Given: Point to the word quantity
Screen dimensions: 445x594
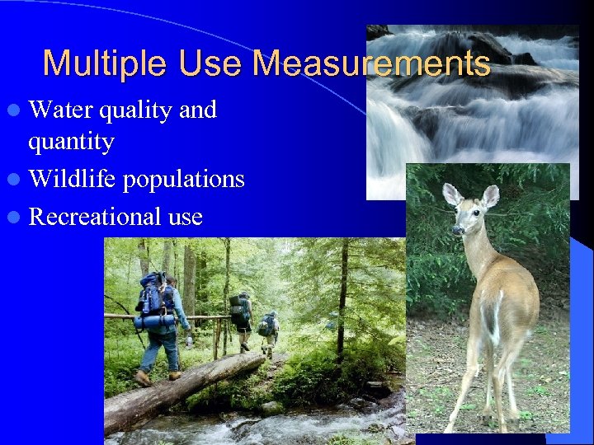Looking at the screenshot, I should [x=71, y=142].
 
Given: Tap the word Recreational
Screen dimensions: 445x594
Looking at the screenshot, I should [x=94, y=216].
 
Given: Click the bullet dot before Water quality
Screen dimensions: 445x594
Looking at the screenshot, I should [x=16, y=110].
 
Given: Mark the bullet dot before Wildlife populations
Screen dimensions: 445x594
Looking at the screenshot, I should [x=16, y=180].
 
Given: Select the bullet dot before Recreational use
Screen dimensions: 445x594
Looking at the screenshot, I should [x=16, y=217].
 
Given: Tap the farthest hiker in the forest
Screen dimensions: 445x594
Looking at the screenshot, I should [x=268, y=330].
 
